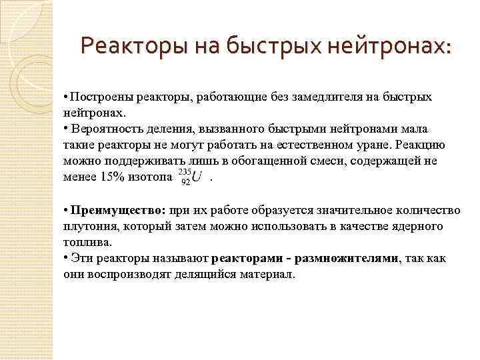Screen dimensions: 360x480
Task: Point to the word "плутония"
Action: (87, 227)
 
